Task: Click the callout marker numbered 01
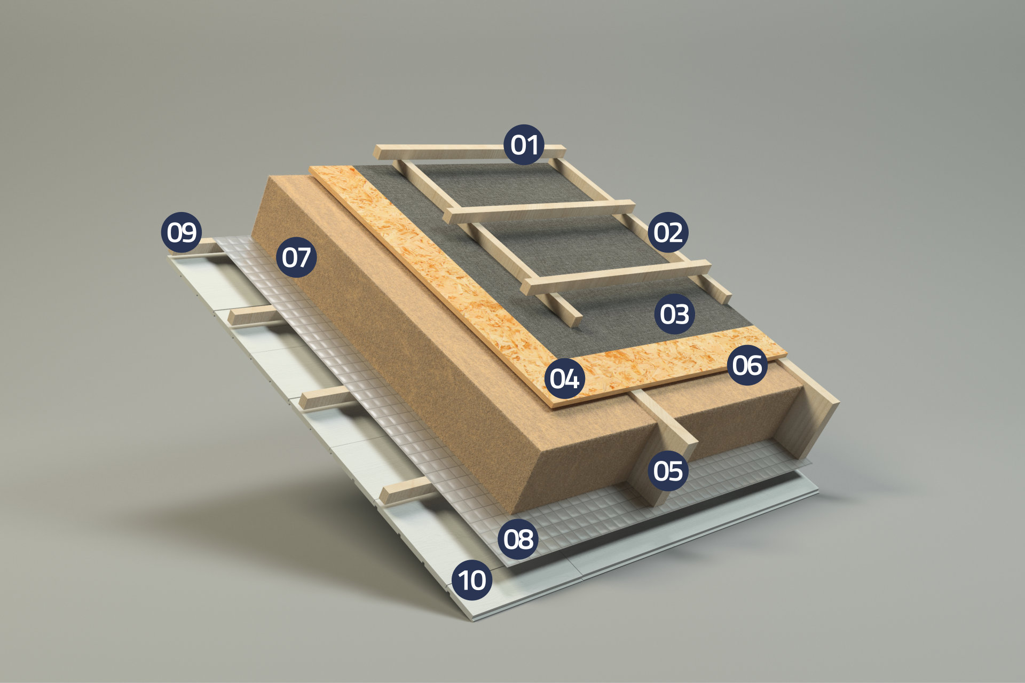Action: click(x=524, y=145)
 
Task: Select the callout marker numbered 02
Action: click(x=668, y=233)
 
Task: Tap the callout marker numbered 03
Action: click(x=674, y=314)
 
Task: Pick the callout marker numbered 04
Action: click(x=565, y=379)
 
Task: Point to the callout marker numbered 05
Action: click(x=668, y=471)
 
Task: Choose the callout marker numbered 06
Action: click(x=747, y=365)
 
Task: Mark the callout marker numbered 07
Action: click(x=296, y=257)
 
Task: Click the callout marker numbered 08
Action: click(x=518, y=539)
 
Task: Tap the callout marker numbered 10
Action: click(x=472, y=580)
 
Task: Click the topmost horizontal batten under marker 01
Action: click(x=469, y=152)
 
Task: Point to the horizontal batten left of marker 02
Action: click(x=539, y=212)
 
